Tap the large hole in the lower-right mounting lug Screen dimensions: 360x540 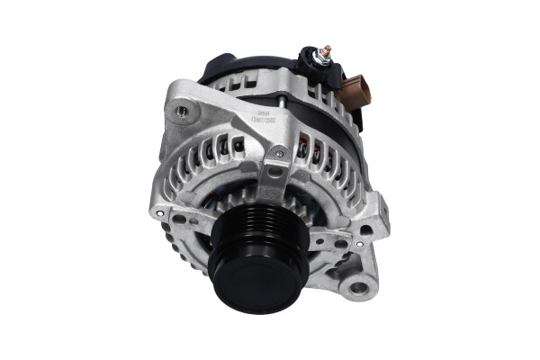coord(359,288)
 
